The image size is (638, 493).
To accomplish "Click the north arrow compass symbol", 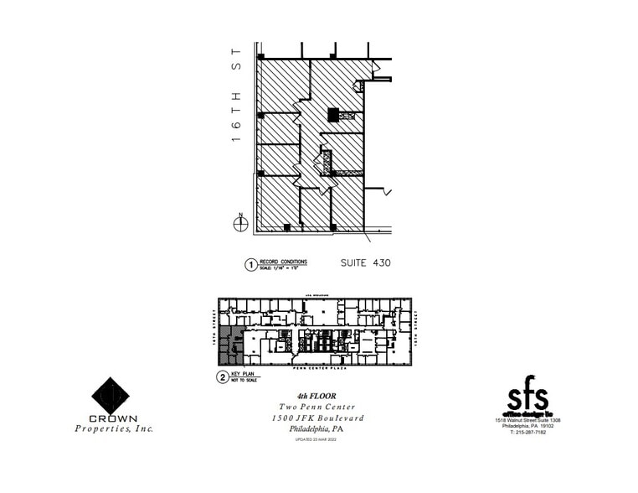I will click(240, 221).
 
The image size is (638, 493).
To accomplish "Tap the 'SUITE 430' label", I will click(365, 262).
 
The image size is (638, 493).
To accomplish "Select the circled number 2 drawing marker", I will click(222, 377).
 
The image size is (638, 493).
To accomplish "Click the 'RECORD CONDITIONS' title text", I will click(283, 262).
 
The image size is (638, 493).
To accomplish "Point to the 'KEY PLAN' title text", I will click(244, 375).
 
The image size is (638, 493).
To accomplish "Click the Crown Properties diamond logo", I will click(111, 396).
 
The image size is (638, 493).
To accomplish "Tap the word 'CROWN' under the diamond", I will click(111, 418).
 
